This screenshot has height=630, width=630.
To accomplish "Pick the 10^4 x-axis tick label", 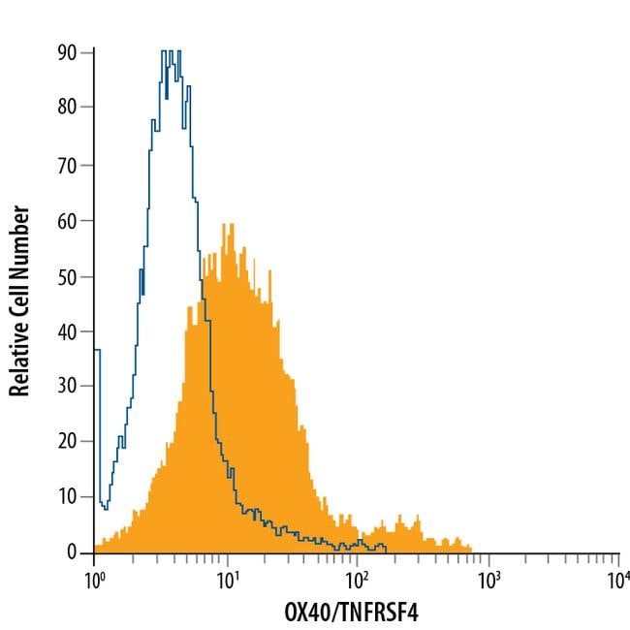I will click(618, 581).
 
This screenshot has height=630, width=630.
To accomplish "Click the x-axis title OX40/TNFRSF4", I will click(356, 614).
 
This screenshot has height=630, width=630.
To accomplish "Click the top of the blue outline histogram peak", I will click(170, 51).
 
